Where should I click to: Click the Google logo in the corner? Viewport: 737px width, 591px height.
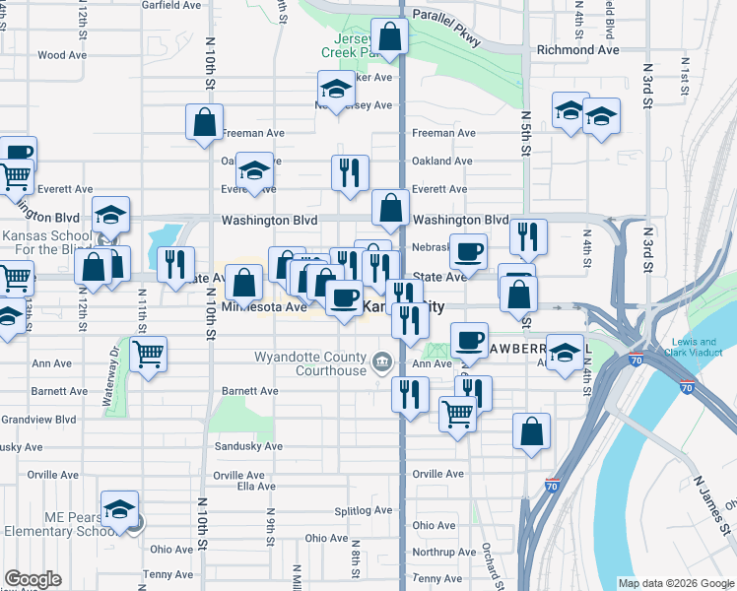(x=33, y=580)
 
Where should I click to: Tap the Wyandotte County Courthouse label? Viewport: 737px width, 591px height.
(x=309, y=363)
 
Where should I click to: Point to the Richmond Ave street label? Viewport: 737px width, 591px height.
(x=577, y=49)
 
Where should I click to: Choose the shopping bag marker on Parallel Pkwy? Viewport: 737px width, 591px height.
(x=391, y=37)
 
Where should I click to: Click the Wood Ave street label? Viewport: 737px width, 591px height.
(x=64, y=56)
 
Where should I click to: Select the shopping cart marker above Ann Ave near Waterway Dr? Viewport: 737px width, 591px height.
(x=149, y=354)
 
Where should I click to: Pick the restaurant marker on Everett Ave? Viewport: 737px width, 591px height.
(x=350, y=173)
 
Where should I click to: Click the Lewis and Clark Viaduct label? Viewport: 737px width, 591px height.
(x=703, y=348)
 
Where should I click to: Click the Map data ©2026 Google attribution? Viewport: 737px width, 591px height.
(x=676, y=583)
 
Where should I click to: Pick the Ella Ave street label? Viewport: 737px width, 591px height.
(x=256, y=486)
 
